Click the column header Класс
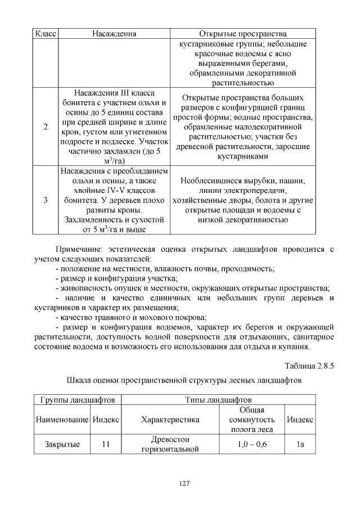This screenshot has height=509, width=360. pyautogui.click(x=44, y=34)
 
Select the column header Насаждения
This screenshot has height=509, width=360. pyautogui.click(x=114, y=34)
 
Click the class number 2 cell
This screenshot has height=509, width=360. pyautogui.click(x=44, y=126)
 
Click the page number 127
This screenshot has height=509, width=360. pyautogui.click(x=179, y=483)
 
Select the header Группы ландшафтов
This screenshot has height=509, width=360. pyautogui.click(x=78, y=400)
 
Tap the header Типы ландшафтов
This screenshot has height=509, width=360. pyautogui.click(x=218, y=400)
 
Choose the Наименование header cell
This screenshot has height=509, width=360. pyautogui.click(x=62, y=420)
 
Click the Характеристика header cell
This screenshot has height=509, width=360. pyautogui.click(x=170, y=420)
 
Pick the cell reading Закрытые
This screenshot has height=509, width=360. pyautogui.click(x=62, y=444)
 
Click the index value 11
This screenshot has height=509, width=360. pyautogui.click(x=105, y=444)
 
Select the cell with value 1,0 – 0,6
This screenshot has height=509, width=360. pyautogui.click(x=251, y=444)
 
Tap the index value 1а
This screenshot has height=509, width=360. pyautogui.click(x=300, y=444)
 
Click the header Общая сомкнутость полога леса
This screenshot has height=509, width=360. pyautogui.click(x=251, y=420)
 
